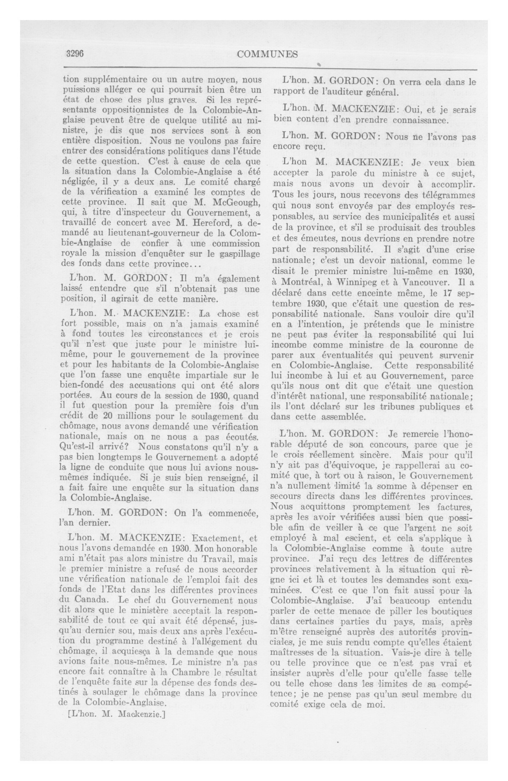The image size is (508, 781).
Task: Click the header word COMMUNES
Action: click(267, 54)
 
